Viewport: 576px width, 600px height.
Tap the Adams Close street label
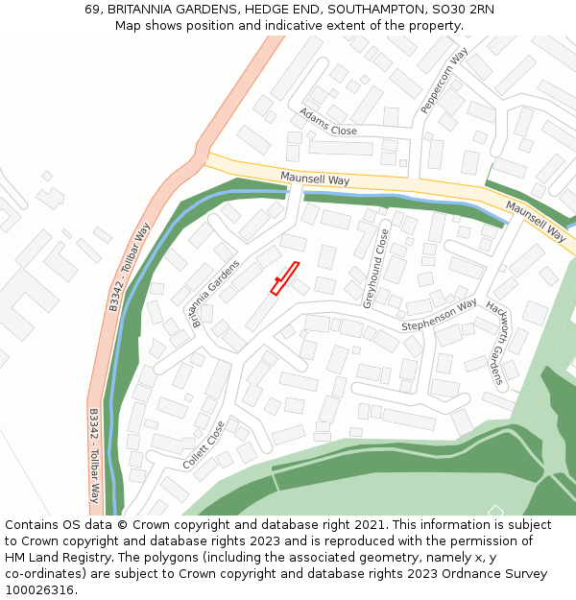pos(327,122)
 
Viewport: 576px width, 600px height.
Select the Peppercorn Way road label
pos(443,82)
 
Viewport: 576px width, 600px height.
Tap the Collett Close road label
pos(204,445)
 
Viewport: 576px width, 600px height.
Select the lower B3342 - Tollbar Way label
pos(94,455)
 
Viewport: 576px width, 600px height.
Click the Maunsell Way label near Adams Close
pos(315,180)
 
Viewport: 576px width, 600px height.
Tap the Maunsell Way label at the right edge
pos(536,221)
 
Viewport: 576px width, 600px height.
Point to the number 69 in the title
pos(92,9)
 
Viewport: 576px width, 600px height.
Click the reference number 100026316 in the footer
pos(39,590)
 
